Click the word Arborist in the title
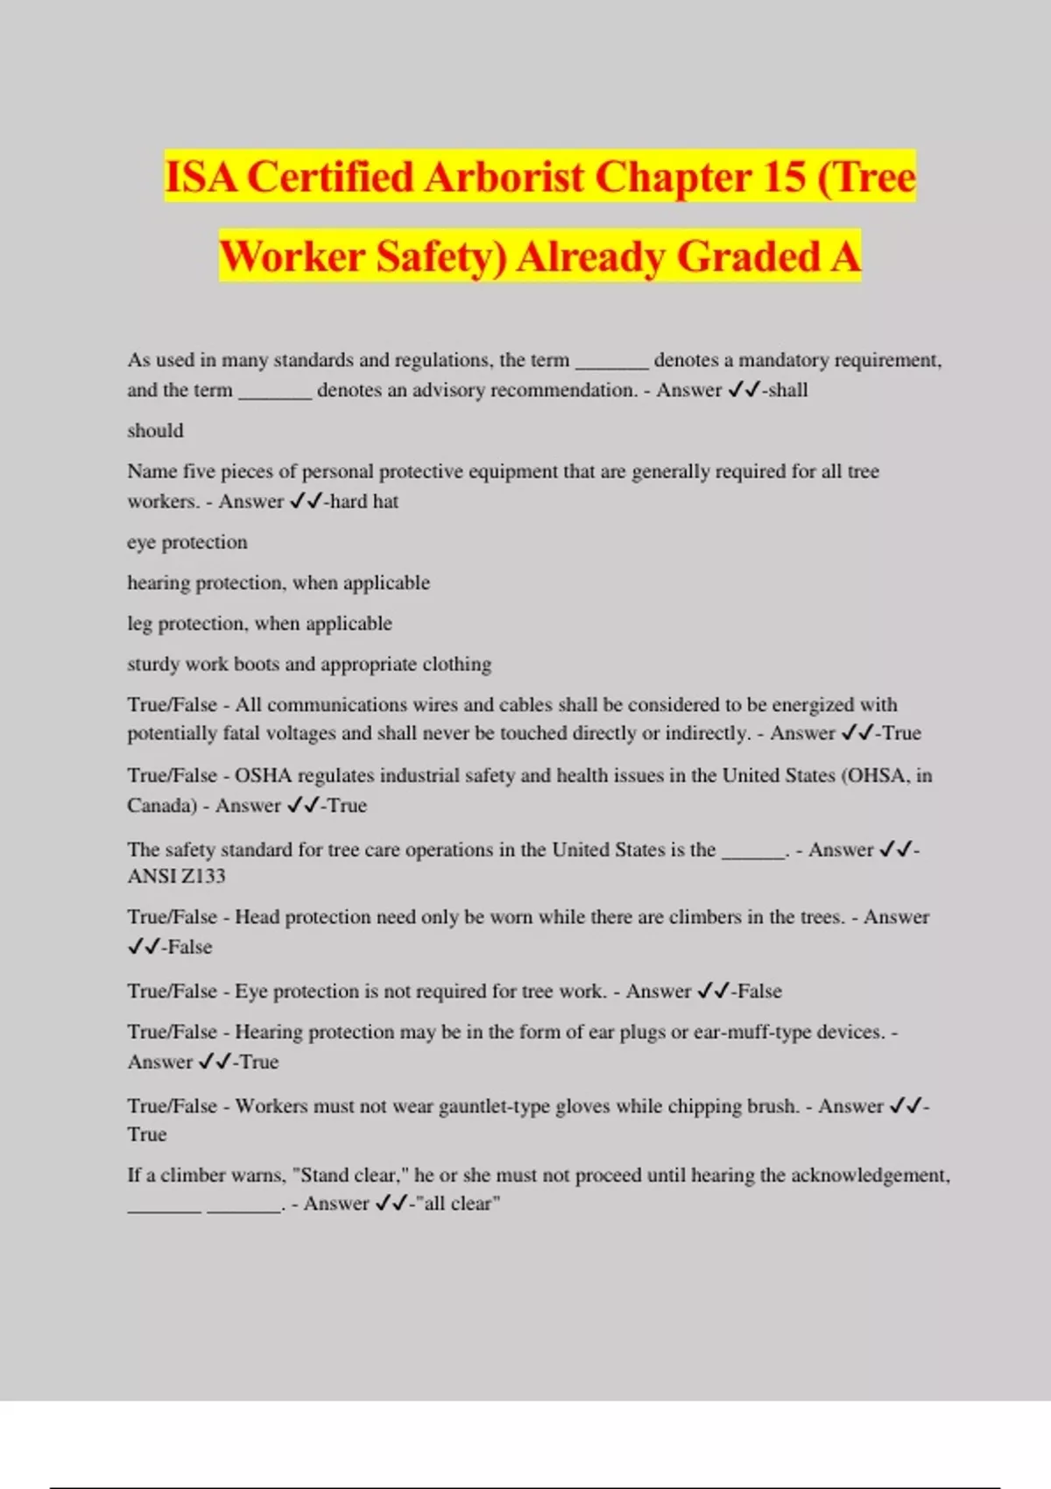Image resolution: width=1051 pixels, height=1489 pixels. [503, 177]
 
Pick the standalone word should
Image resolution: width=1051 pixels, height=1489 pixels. [155, 430]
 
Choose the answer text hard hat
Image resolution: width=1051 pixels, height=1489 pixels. [363, 501]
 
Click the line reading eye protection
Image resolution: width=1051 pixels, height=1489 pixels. [187, 542]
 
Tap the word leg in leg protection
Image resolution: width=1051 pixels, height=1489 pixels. [139, 624]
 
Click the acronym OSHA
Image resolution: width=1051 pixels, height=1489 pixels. [263, 775]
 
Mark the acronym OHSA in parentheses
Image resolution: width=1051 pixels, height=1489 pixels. [877, 775]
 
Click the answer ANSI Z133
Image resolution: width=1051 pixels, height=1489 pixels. [176, 876]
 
